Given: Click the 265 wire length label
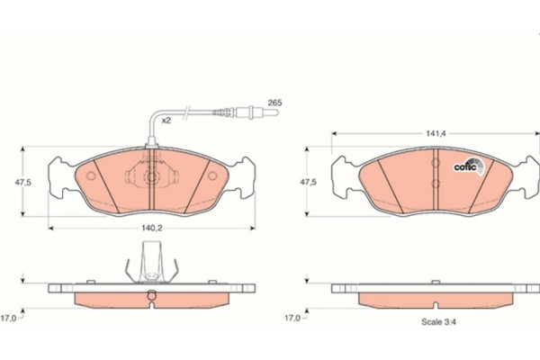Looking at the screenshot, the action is click(274, 103).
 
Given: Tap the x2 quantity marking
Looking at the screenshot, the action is click(166, 121).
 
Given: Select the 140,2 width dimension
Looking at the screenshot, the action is click(152, 228).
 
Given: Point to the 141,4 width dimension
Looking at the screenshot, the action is click(436, 133).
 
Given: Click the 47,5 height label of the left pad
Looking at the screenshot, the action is click(22, 182).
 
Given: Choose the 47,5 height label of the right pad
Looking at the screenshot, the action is click(308, 182).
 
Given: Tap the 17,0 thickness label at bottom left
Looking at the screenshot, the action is click(9, 318).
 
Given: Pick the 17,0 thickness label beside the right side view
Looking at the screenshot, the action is click(292, 318).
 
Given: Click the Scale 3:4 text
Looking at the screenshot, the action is click(439, 322).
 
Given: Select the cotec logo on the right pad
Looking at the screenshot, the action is click(468, 166).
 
